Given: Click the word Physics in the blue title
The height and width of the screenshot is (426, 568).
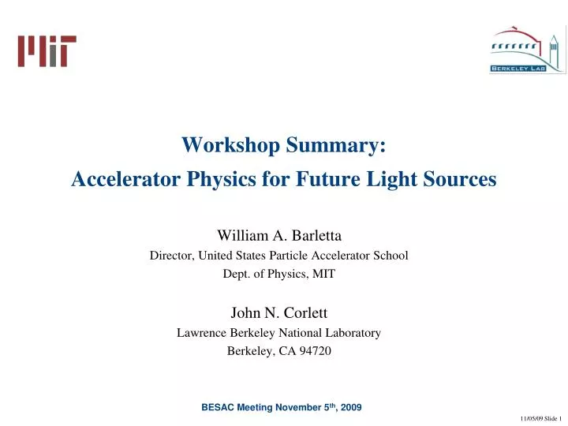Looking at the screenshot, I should point(219,180).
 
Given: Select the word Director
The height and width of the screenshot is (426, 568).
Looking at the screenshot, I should point(171,256).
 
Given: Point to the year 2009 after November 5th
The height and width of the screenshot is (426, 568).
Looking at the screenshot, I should point(348,407).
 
